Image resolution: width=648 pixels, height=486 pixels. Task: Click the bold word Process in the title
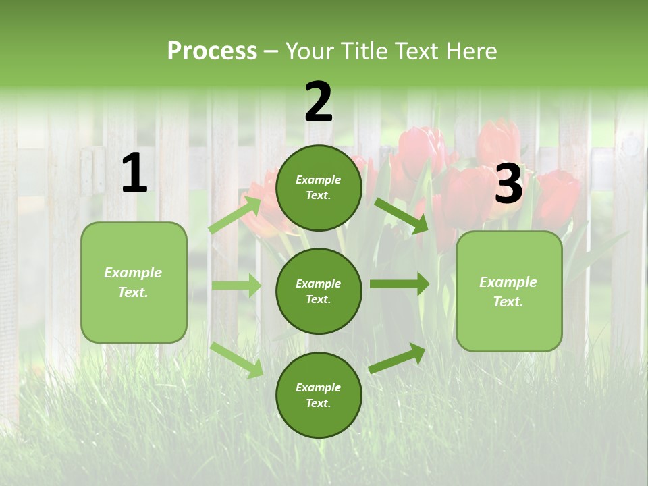click(x=212, y=51)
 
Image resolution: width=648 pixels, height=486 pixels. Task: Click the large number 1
click(x=134, y=173)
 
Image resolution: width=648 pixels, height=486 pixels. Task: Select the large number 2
click(x=319, y=103)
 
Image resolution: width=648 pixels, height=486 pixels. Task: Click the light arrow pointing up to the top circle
click(x=234, y=215)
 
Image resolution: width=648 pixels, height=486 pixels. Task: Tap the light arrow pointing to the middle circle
click(x=236, y=286)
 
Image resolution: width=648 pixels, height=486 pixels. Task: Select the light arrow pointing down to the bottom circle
click(x=236, y=359)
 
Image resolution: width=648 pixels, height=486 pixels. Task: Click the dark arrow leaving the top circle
click(x=401, y=215)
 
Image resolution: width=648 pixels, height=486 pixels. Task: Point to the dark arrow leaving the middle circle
click(x=399, y=283)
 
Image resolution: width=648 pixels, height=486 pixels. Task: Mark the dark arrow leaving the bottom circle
click(x=397, y=358)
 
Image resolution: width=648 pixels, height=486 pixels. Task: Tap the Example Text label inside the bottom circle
click(x=318, y=396)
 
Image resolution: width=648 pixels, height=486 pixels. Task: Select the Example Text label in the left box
click(x=133, y=282)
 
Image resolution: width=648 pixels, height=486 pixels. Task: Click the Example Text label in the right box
click(x=508, y=292)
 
